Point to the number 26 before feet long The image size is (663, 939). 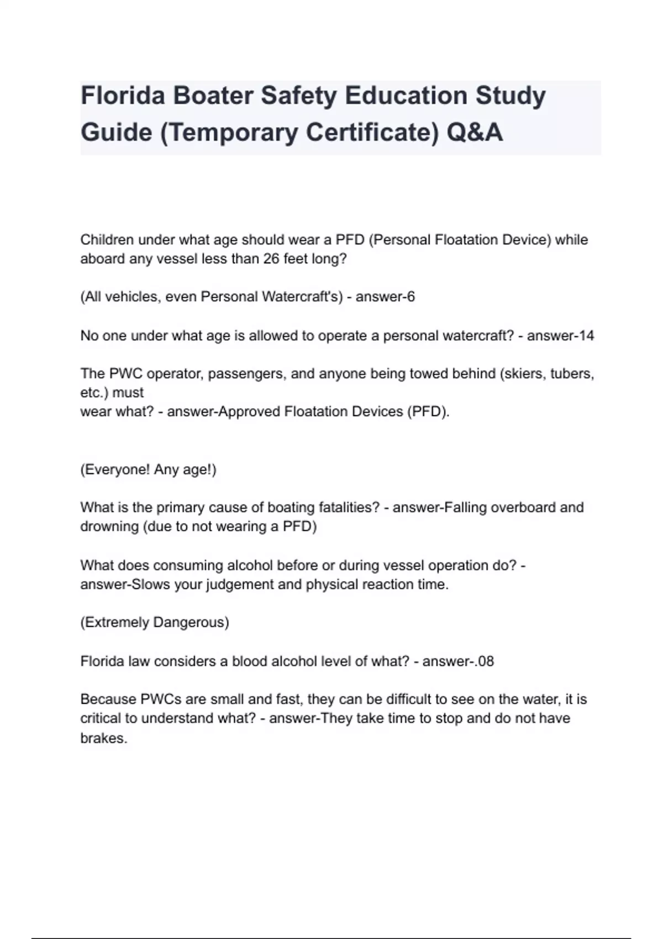coord(271,259)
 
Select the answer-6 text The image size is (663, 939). coord(385,297)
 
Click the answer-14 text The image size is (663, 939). coord(560,335)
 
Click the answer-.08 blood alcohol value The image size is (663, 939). coord(458,661)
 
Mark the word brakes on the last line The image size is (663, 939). coord(104,738)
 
